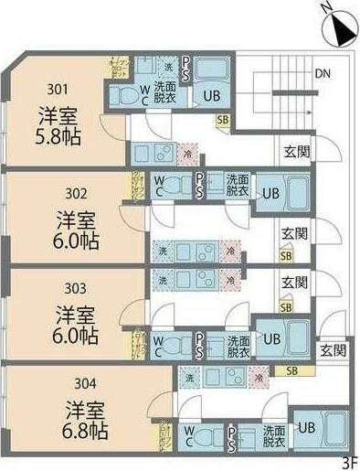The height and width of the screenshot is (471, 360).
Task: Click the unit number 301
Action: (x=58, y=90)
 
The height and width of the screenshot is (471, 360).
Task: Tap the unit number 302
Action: (x=75, y=193)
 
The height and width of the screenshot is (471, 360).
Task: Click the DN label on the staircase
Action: (x=323, y=73)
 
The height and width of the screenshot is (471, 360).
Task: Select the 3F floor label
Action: (x=348, y=462)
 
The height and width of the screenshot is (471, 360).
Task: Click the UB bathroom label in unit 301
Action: (x=211, y=96)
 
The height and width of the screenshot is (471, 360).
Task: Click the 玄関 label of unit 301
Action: (x=295, y=151)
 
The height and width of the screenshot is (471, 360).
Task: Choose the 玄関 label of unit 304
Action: (x=333, y=349)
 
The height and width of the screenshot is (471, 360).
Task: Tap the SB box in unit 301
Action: (x=223, y=119)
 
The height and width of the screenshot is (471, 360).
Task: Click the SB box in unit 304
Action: (x=291, y=370)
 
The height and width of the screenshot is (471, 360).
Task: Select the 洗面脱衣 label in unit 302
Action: (x=238, y=186)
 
